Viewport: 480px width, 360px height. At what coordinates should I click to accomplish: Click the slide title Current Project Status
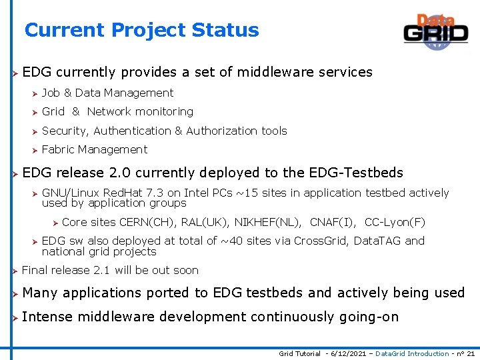141,30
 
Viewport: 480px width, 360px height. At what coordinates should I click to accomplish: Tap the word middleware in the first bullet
267,72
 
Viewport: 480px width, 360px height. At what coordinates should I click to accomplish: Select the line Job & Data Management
107,93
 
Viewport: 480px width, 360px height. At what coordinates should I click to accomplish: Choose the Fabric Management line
95,149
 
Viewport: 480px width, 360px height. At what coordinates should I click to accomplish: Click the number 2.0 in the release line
120,173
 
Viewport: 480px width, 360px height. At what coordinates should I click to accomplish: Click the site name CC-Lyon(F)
395,222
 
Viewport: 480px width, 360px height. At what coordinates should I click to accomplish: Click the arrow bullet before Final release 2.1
13,271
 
